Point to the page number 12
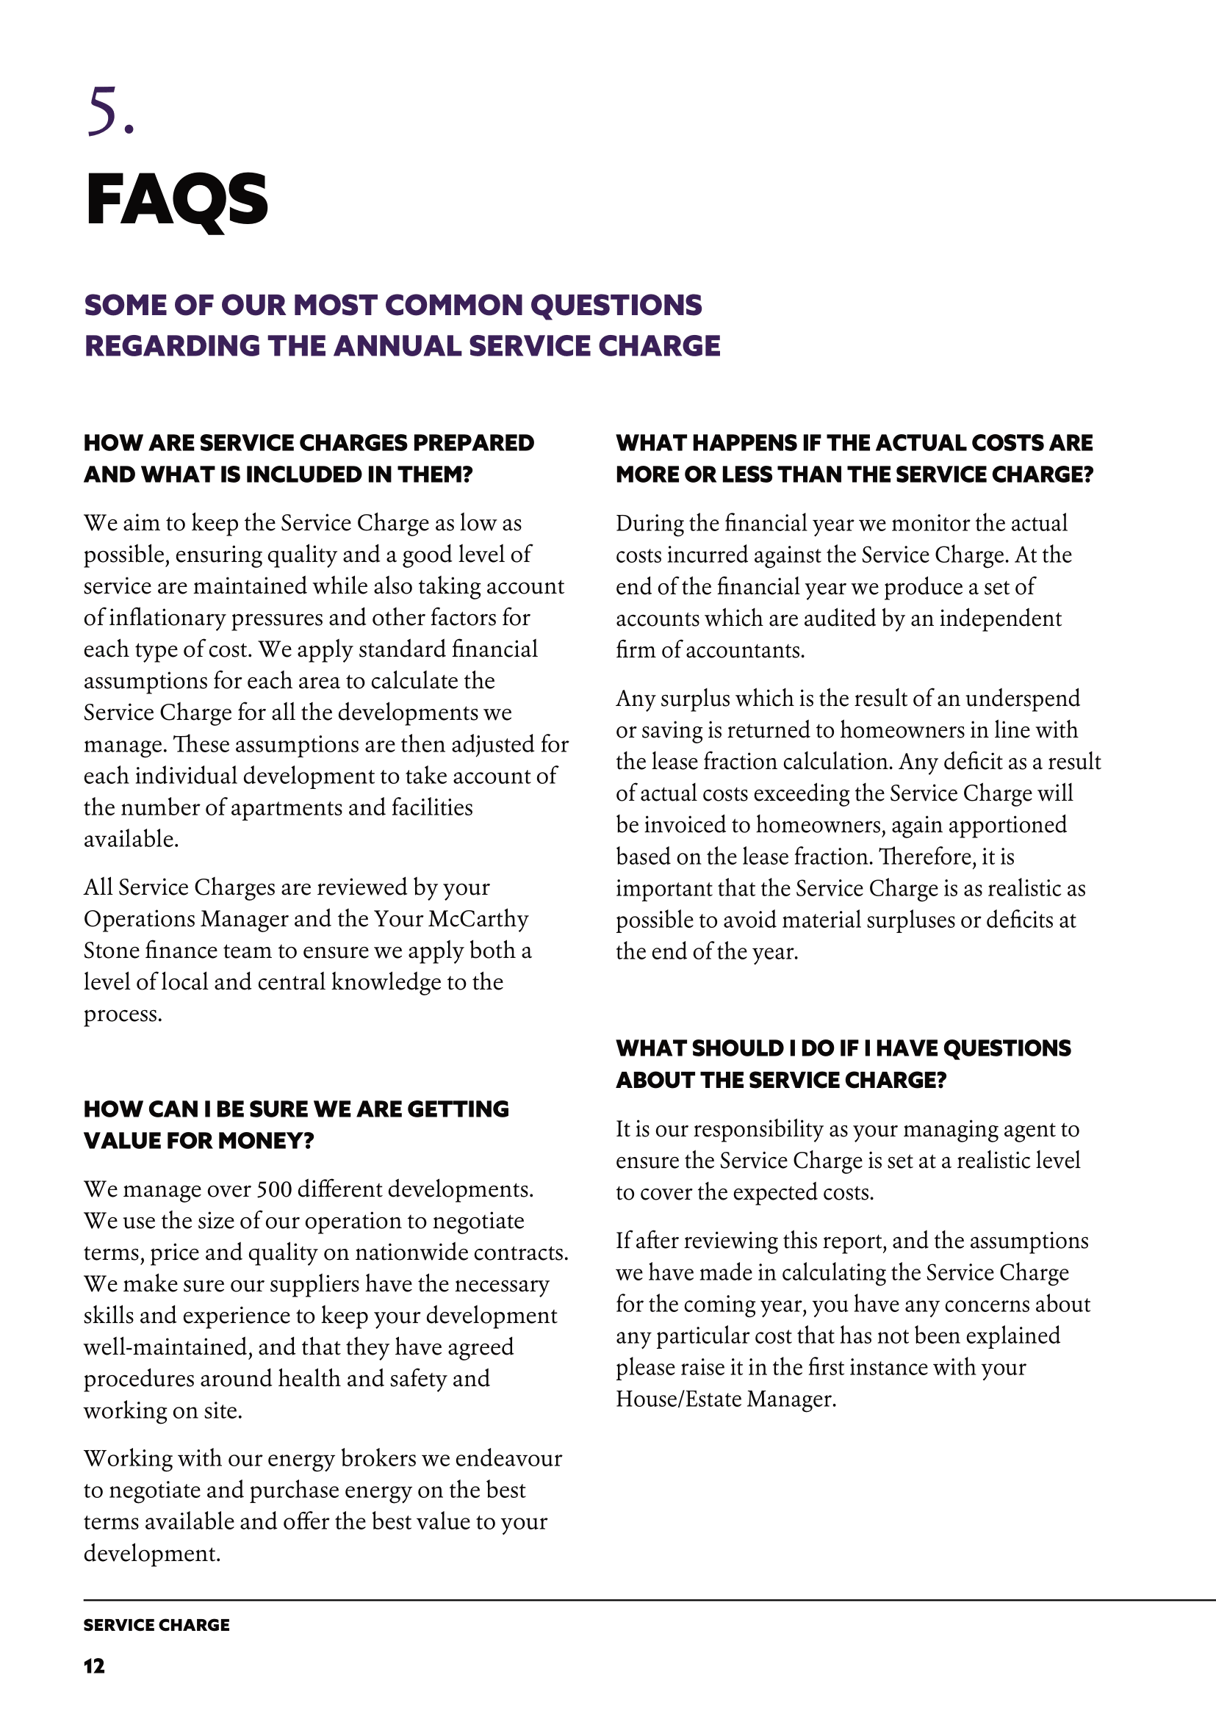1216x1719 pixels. tap(94, 1666)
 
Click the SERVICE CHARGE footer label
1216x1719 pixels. tap(157, 1625)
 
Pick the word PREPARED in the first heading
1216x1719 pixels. tap(473, 442)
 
